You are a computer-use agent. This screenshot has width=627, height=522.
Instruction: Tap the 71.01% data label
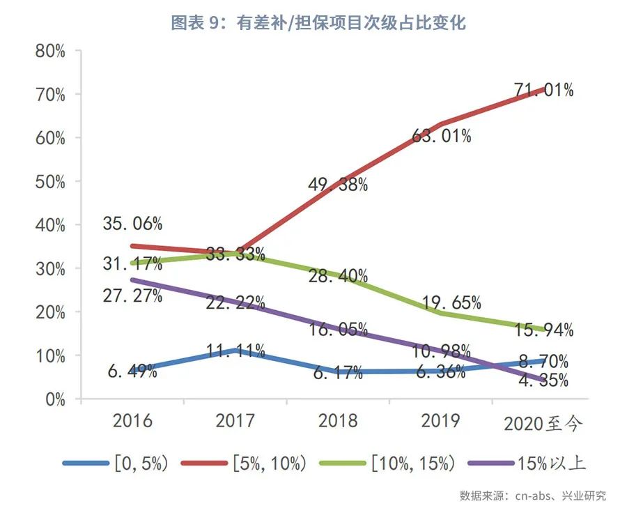coord(544,90)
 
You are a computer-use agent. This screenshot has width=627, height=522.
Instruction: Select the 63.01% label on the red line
coord(442,136)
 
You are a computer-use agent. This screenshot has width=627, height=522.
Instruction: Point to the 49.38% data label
coord(338,185)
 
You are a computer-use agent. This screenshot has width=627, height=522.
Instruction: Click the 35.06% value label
coord(132,223)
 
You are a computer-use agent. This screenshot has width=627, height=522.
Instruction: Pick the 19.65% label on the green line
coord(451,302)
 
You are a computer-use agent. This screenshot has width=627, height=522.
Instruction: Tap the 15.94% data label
coord(544,330)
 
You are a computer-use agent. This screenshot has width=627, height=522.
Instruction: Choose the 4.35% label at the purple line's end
coord(543,380)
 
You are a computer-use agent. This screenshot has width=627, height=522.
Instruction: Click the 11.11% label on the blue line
coord(235,351)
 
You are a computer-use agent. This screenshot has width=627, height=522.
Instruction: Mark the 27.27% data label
coord(132,295)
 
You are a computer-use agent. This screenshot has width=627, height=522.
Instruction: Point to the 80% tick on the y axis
coord(50,51)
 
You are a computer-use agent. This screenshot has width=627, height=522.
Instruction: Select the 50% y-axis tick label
coord(50,182)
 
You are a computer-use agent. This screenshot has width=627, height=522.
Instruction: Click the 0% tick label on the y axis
coord(55,399)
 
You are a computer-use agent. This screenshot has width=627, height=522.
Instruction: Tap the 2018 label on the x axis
coord(338,421)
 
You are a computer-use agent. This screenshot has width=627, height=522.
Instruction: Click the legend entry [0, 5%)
coord(116,463)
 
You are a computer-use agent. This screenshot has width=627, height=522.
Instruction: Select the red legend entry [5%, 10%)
coord(244,463)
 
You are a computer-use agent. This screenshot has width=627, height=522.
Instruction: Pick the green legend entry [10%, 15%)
coord(387,463)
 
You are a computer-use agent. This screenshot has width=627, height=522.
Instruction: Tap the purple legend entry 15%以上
coord(527,463)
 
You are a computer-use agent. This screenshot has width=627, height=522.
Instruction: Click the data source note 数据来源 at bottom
coord(533,496)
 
